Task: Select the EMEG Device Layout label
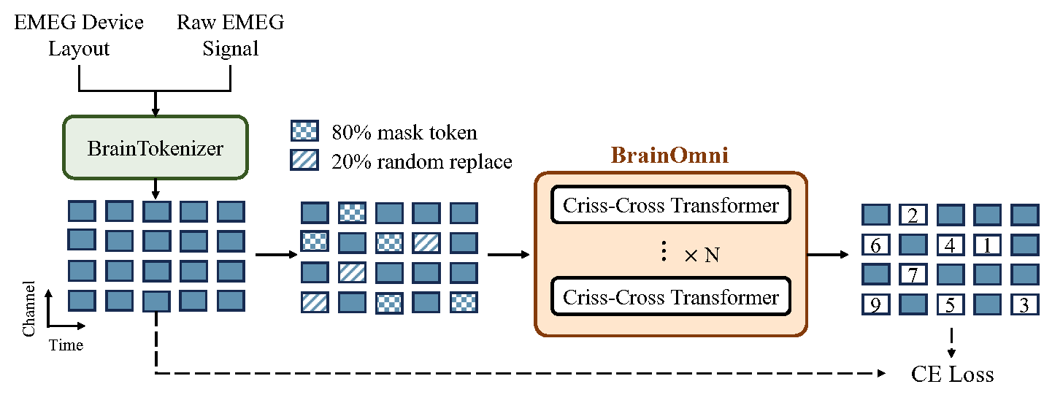(79, 35)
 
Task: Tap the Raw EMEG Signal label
(230, 35)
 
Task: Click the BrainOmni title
(670, 156)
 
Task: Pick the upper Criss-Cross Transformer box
(671, 206)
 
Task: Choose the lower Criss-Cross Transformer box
(671, 297)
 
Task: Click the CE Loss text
(952, 375)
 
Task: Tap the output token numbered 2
(913, 215)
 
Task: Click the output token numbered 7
(913, 275)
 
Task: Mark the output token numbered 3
(1024, 304)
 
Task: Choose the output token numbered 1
(987, 245)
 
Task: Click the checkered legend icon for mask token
(304, 131)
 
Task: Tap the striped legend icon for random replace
(304, 160)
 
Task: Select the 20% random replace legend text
(422, 161)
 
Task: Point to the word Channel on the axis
(29, 307)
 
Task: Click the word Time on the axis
(66, 345)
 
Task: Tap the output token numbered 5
(950, 304)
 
